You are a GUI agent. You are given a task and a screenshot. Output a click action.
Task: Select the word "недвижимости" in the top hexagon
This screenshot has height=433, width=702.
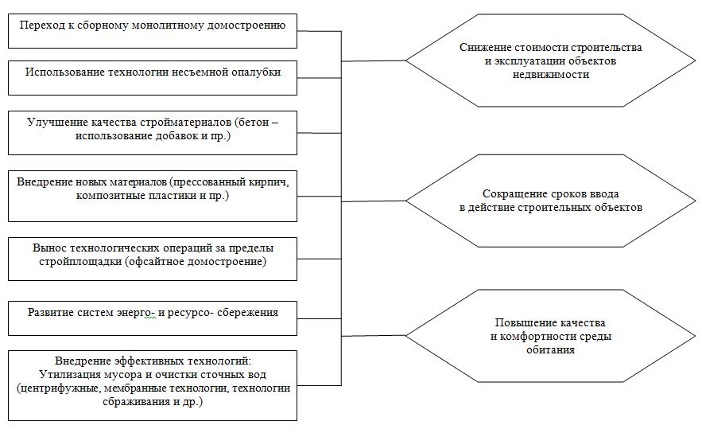pyautogui.click(x=551, y=75)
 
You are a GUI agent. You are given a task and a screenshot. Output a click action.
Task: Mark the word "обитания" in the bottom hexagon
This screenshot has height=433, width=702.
pyautogui.click(x=550, y=350)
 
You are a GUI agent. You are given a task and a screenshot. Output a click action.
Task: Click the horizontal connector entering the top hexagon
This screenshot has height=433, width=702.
pyautogui.click(x=374, y=60)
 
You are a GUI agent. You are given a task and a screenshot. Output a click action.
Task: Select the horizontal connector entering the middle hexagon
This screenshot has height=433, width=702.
pyautogui.click(x=374, y=201)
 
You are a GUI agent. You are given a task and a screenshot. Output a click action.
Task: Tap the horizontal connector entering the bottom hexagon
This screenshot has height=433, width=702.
pyautogui.click(x=374, y=336)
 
